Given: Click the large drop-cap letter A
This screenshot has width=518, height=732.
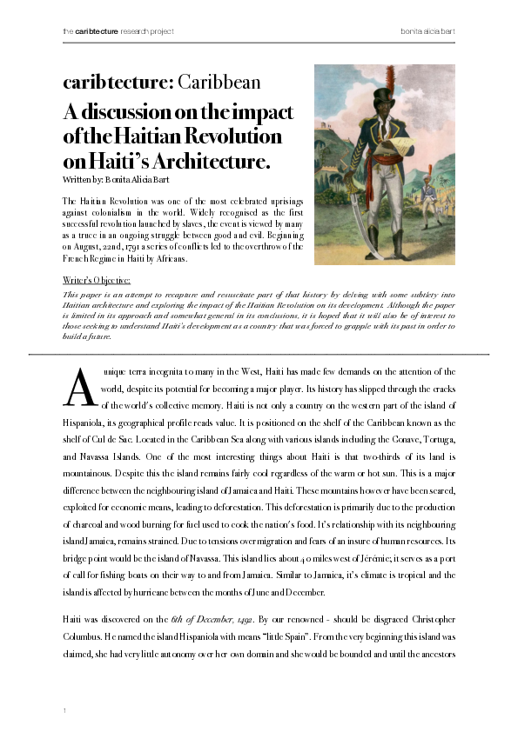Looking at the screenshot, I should click(x=79, y=388).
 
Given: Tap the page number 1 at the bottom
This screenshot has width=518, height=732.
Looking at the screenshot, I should click(x=65, y=712).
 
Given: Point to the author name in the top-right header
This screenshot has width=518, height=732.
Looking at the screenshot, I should click(x=427, y=31).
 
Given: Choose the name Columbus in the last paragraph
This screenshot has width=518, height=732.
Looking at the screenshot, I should click(x=90, y=635).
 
